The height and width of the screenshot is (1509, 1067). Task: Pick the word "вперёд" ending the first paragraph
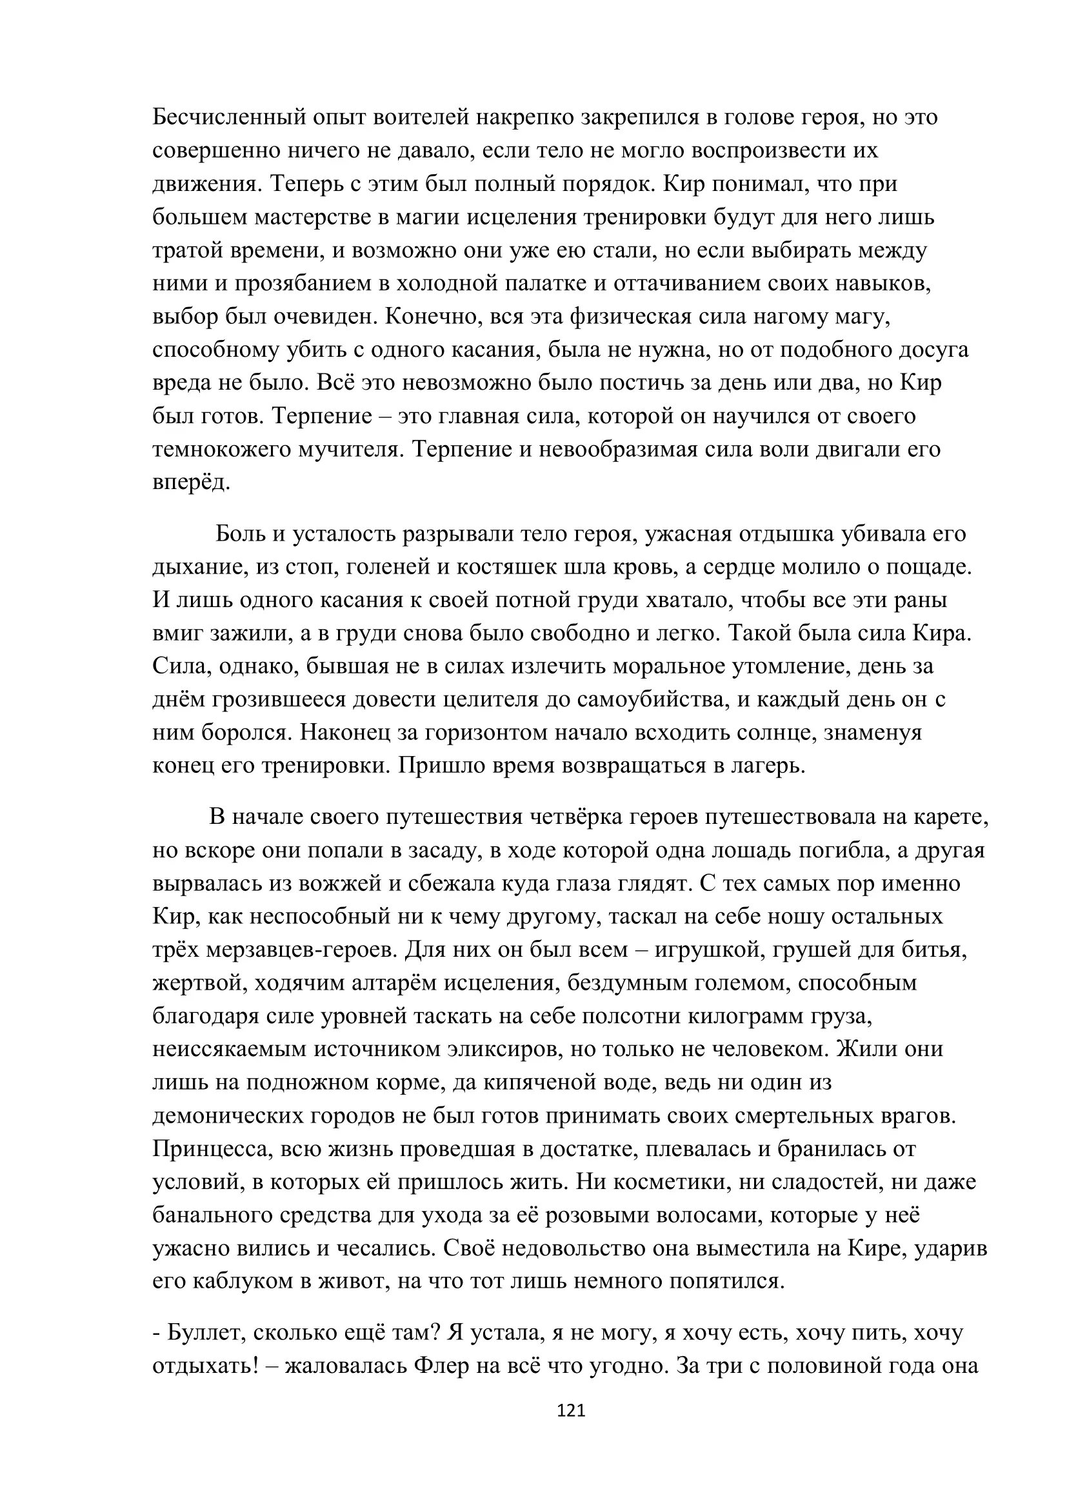pyautogui.click(x=190, y=483)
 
